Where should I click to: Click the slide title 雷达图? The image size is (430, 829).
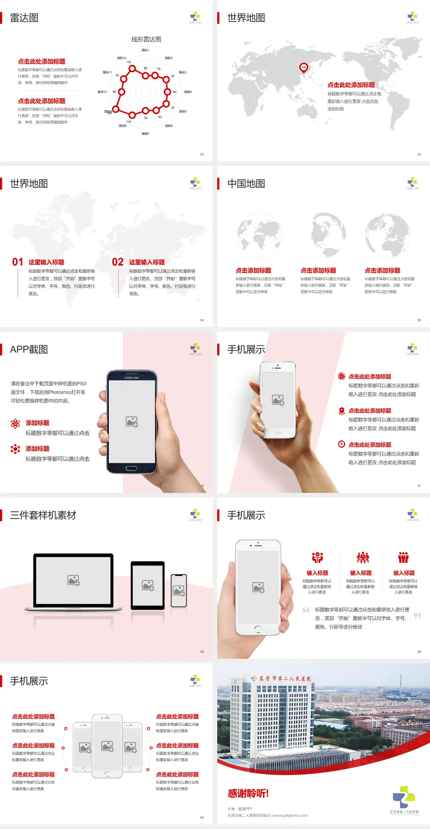24,18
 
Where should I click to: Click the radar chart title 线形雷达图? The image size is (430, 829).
146,39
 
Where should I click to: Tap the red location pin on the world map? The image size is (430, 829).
304,68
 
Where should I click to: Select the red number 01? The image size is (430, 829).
17,262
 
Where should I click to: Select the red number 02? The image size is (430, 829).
118,262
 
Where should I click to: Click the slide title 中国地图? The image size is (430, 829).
246,184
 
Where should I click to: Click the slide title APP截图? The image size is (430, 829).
29,350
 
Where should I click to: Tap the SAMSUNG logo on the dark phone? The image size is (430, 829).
132,378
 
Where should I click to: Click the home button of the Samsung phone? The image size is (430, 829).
131,468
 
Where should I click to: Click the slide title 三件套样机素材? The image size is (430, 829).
43,515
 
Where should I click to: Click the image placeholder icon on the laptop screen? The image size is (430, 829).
73,580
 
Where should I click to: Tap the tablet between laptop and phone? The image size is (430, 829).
148,585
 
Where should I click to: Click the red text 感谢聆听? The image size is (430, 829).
248,794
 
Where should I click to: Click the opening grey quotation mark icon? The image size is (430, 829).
306,610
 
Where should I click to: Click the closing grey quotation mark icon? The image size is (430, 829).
417,616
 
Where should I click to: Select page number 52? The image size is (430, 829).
202,155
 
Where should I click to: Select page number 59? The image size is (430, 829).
419,652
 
